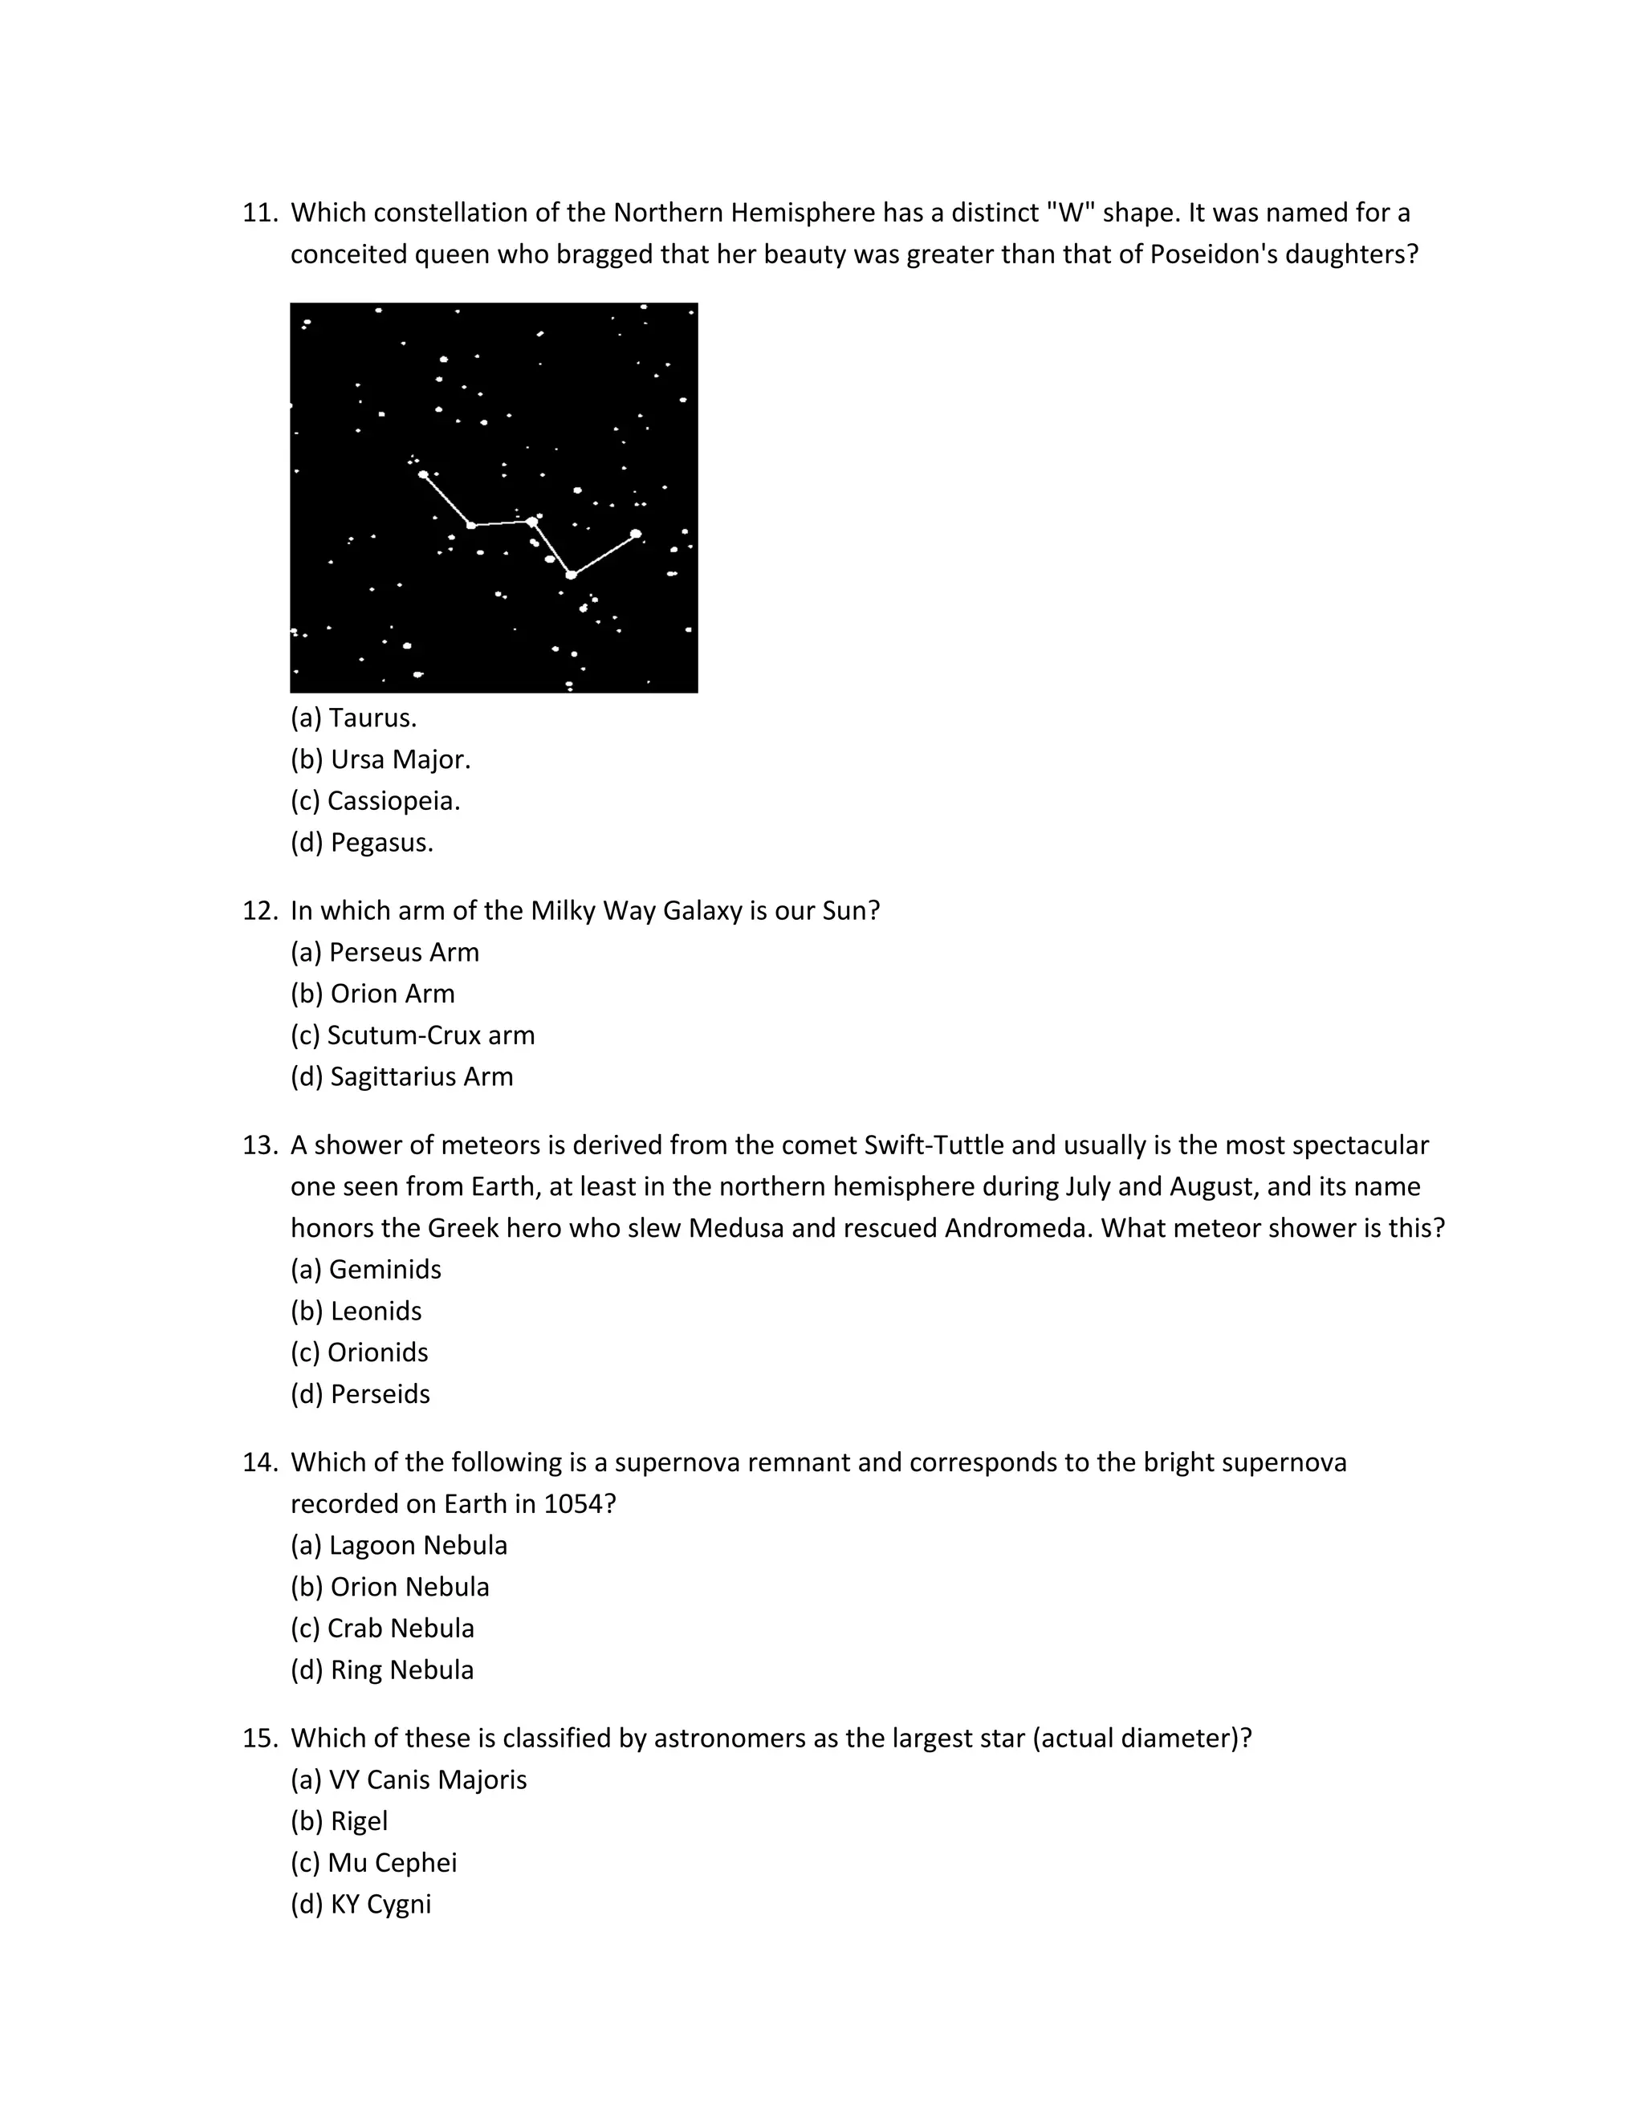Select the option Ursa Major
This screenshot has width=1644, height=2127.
[x=380, y=758]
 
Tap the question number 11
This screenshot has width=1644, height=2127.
[x=259, y=213]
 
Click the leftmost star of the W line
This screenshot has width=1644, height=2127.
[x=423, y=474]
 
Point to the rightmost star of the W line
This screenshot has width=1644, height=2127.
[x=636, y=533]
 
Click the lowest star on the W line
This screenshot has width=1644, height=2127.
[x=571, y=575]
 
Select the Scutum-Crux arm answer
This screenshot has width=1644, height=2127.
[x=412, y=1035]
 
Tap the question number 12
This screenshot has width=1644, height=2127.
[x=259, y=911]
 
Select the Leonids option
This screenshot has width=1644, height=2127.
[x=356, y=1311]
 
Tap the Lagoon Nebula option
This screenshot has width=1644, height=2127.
[x=398, y=1546]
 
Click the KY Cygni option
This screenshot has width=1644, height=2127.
[x=360, y=1904]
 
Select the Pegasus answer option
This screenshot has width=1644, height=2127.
[x=361, y=843]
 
